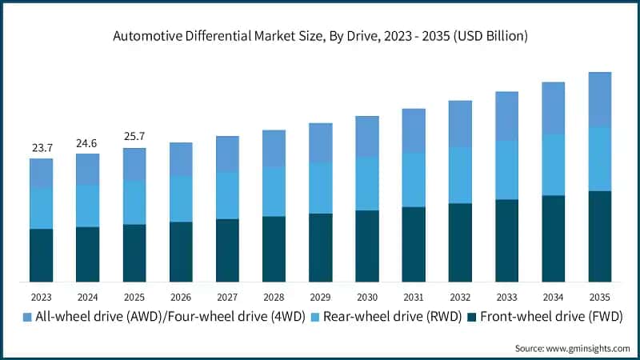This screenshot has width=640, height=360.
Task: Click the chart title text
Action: tap(320, 36)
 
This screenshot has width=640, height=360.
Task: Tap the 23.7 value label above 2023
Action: tap(42, 148)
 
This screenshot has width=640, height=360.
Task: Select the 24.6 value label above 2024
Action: tap(88, 143)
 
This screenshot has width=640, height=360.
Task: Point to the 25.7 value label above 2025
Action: tap(134, 137)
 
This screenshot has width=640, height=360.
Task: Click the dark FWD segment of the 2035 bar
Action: tap(600, 236)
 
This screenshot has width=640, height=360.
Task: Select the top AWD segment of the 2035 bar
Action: tap(600, 99)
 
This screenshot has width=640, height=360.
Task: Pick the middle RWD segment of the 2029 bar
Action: tap(321, 188)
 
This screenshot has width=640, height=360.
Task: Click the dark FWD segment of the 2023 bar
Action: tap(42, 255)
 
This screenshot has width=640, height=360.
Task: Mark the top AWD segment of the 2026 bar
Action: tap(181, 159)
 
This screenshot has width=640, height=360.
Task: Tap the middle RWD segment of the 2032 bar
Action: tap(460, 175)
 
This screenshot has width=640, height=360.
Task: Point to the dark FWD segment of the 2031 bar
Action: tap(414, 244)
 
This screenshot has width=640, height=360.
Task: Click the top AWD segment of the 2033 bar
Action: tap(506, 116)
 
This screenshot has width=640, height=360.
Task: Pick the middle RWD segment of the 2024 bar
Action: tap(88, 206)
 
